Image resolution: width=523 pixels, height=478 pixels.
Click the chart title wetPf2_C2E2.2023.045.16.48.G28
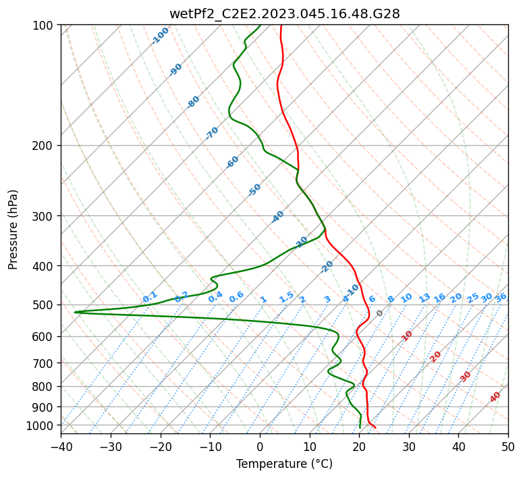pyautogui.click(x=285, y=14)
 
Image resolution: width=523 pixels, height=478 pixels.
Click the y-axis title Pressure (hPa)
pyautogui.click(x=13, y=230)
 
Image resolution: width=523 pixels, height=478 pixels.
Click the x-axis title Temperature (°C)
pyautogui.click(x=285, y=464)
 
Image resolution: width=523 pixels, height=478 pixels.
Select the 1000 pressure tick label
pyautogui.click(x=41, y=425)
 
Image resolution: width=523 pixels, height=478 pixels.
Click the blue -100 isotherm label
pyautogui.click(x=160, y=36)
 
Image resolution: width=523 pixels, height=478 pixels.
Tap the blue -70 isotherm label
pyautogui.click(x=212, y=133)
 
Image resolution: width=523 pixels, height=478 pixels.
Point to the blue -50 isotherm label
pyautogui.click(x=254, y=190)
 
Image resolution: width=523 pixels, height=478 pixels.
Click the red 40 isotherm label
pyautogui.click(x=495, y=397)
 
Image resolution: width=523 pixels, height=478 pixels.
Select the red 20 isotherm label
pyautogui.click(x=435, y=357)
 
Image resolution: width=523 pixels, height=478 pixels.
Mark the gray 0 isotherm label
pyautogui.click(x=379, y=313)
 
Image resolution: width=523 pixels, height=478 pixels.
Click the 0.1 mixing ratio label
pyautogui.click(x=150, y=297)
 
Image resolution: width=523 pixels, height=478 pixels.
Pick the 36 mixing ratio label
pyautogui.click(x=501, y=298)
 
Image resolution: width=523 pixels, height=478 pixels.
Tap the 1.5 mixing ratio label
pyautogui.click(x=287, y=297)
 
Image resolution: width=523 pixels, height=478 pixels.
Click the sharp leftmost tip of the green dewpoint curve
pyautogui.click(x=74, y=312)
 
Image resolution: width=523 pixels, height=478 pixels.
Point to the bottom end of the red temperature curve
pyautogui.click(x=376, y=427)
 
